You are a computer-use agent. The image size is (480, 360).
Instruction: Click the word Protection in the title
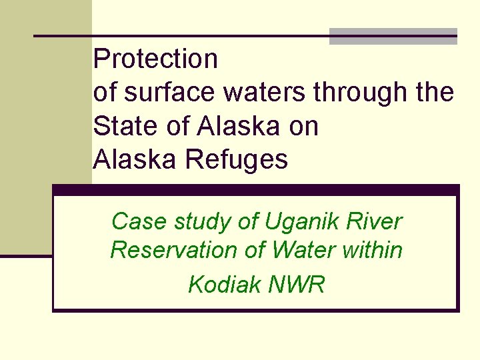point(155,59)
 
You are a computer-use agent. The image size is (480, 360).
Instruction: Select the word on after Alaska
point(303,127)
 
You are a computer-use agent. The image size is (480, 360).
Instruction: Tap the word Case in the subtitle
point(133,221)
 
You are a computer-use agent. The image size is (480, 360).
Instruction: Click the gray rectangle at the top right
point(393,36)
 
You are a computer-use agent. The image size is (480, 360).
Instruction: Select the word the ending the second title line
point(433,93)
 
